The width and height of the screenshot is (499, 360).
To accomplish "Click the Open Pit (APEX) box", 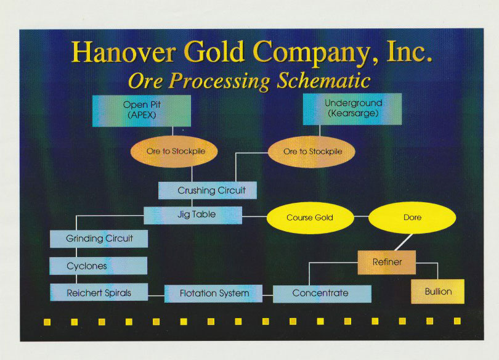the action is pyautogui.click(x=142, y=111).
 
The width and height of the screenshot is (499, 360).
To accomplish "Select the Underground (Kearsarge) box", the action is pyautogui.click(x=352, y=109).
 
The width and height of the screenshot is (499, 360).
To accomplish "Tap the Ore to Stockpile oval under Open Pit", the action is pyautogui.click(x=174, y=151).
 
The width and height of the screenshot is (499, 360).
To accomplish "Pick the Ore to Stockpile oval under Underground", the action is pyautogui.click(x=312, y=152).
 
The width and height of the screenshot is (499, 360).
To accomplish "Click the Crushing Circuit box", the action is pyautogui.click(x=208, y=190).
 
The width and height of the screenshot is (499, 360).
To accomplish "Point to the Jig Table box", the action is pyautogui.click(x=193, y=215).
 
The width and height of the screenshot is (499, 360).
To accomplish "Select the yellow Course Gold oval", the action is pyautogui.click(x=310, y=218).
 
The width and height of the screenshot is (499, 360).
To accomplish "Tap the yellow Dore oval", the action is pyautogui.click(x=412, y=218).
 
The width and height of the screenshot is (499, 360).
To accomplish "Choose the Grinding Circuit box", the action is pyautogui.click(x=99, y=239).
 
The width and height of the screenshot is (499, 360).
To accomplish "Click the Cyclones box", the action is pyautogui.click(x=99, y=266).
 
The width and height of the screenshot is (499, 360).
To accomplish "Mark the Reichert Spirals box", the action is pyautogui.click(x=99, y=292).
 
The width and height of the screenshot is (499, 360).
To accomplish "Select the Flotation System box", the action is pyautogui.click(x=214, y=293).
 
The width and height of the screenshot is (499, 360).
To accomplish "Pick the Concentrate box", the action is pyautogui.click(x=322, y=294).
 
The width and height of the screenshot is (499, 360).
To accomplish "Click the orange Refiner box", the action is pyautogui.click(x=387, y=262).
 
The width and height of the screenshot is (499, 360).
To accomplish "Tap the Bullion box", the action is pyautogui.click(x=437, y=292).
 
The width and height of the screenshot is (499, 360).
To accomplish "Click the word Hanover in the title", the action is pyautogui.click(x=124, y=52).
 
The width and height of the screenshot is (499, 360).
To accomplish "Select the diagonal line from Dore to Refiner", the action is pyautogui.click(x=404, y=242).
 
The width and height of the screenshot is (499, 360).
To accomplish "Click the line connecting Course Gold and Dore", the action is pyautogui.click(x=361, y=216).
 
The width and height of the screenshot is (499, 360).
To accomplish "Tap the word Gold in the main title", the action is pyautogui.click(x=214, y=52).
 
